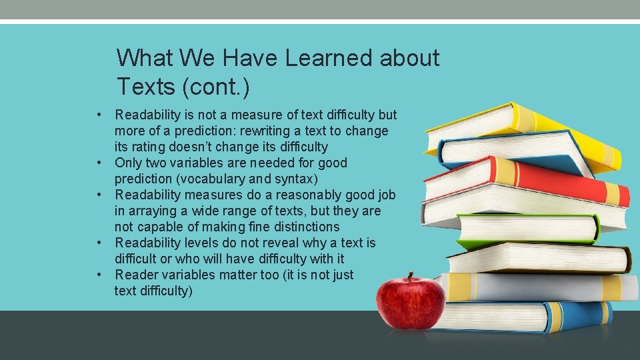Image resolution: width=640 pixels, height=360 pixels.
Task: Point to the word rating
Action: coord(151,147)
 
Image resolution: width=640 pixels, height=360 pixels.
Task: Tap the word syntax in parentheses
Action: coord(295,179)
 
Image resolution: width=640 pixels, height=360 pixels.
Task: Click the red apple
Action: coord(410,303)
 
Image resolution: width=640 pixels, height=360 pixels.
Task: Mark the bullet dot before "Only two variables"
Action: coord(98,163)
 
